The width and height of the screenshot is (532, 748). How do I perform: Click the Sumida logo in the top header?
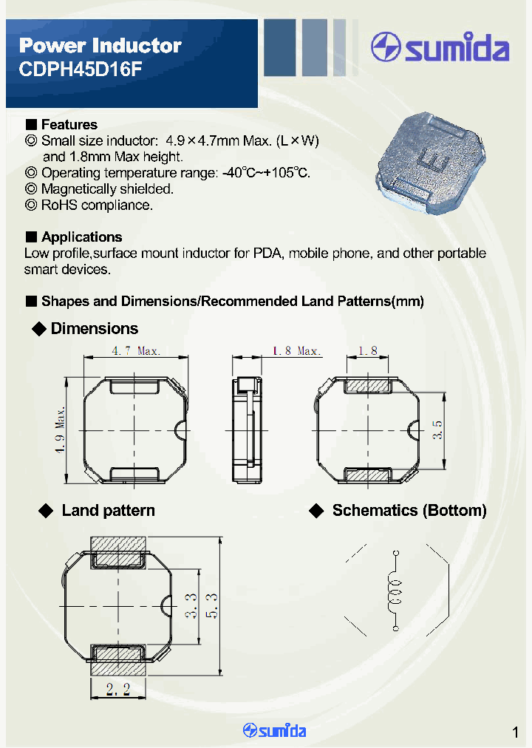(440, 49)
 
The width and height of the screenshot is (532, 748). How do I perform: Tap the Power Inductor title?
(100, 46)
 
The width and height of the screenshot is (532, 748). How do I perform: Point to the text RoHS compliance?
(97, 205)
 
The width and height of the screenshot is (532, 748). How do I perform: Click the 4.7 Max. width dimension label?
(135, 351)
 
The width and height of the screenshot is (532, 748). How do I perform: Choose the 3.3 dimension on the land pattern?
(190, 605)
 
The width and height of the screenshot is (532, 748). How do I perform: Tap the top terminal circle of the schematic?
(396, 552)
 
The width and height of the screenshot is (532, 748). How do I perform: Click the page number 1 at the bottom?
(515, 732)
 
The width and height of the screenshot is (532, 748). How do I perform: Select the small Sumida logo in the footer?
(274, 730)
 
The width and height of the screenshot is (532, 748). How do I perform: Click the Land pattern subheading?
(108, 511)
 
